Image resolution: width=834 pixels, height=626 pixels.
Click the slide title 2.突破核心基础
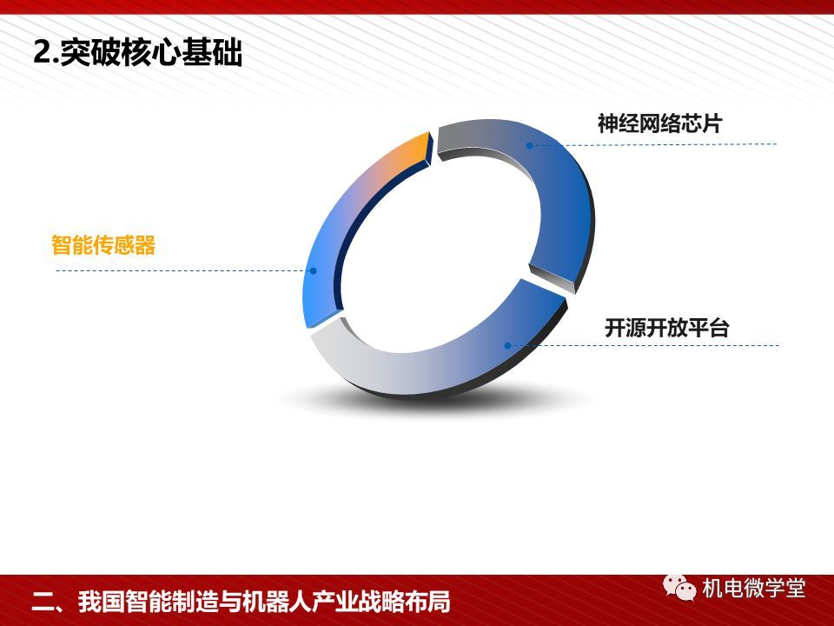click(x=138, y=53)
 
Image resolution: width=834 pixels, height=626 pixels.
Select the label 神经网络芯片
click(x=660, y=123)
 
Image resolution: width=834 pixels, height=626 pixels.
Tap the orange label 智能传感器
click(x=103, y=245)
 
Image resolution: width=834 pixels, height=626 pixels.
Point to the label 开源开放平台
click(x=666, y=328)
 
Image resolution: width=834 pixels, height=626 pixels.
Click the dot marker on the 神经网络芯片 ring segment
click(x=529, y=145)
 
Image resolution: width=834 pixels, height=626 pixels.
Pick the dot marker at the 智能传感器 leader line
click(x=314, y=271)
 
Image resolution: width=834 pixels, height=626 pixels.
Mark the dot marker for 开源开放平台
click(x=508, y=345)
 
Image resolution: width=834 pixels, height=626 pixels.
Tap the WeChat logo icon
click(x=678, y=587)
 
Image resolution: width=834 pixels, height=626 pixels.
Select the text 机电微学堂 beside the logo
click(x=754, y=589)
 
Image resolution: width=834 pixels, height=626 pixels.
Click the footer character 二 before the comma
click(x=43, y=602)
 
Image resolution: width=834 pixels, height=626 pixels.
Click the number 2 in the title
click(x=41, y=53)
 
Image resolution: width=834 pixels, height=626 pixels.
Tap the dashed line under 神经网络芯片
click(x=653, y=144)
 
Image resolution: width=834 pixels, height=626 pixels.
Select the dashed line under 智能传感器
click(x=184, y=271)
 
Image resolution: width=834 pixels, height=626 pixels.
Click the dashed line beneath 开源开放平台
click(x=644, y=345)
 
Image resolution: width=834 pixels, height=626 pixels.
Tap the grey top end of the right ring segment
click(x=458, y=137)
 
